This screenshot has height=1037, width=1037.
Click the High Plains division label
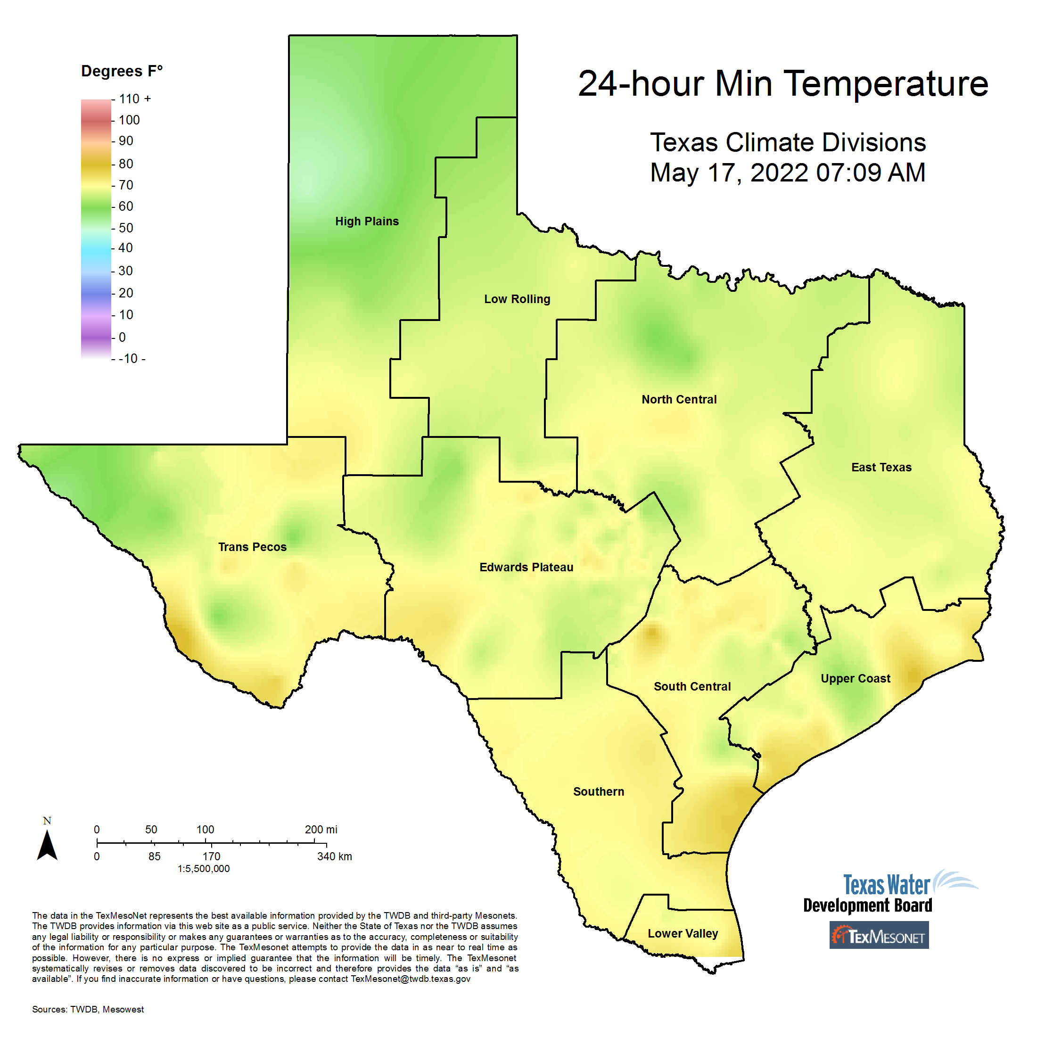click(367, 221)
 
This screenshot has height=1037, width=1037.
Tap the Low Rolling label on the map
click(517, 299)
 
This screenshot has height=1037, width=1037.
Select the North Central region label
click(679, 399)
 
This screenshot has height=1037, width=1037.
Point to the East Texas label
click(881, 468)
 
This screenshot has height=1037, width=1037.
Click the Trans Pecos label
click(252, 547)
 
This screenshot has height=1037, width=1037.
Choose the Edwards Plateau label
click(526, 568)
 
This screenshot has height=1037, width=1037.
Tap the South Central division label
click(692, 686)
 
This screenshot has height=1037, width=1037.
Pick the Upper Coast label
click(855, 678)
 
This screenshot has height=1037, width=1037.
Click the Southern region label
click(599, 792)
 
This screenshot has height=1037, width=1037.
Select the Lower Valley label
click(683, 933)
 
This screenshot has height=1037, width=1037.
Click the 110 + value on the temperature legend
click(135, 99)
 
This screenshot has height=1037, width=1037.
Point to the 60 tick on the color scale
click(125, 206)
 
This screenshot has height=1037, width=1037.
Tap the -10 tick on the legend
click(131, 359)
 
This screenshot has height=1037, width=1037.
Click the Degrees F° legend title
click(122, 71)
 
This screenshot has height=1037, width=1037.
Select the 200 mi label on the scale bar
click(321, 829)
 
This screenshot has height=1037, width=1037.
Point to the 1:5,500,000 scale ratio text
click(204, 868)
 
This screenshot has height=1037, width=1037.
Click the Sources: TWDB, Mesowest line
click(88, 1009)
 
